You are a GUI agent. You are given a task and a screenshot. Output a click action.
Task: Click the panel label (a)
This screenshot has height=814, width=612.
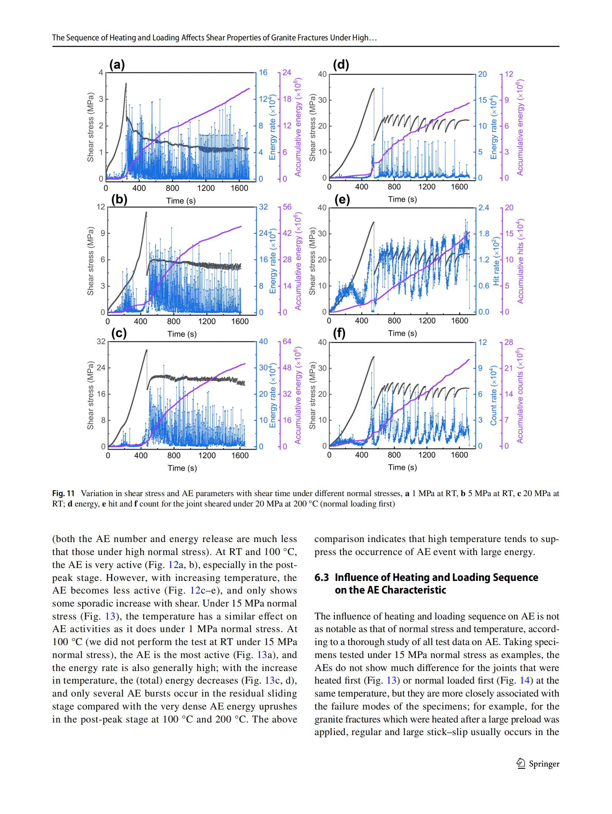point(117,65)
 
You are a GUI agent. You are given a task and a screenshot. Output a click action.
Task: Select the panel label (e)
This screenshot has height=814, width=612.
point(342,200)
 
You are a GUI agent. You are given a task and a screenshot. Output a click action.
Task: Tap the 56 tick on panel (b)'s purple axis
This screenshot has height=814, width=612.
point(287,207)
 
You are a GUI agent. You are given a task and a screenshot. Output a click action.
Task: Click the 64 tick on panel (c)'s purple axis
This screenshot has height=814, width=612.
point(287,342)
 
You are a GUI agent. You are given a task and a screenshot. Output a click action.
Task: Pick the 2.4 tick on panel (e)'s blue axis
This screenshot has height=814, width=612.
point(484,207)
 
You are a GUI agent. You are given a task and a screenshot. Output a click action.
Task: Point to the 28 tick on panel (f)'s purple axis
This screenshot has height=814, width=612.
point(509,342)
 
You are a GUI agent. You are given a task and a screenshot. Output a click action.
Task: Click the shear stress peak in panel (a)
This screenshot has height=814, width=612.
point(126,84)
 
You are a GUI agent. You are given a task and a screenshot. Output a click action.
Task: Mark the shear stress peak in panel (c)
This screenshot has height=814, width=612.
point(147,350)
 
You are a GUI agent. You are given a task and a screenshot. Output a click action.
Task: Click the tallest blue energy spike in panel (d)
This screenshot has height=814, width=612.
point(383,88)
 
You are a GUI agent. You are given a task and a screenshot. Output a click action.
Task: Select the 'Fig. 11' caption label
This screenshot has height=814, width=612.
point(63,494)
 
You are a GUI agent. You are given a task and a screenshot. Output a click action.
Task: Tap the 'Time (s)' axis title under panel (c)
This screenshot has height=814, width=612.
point(182,468)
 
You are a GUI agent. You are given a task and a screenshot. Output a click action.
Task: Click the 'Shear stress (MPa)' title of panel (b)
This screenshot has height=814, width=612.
point(90,259)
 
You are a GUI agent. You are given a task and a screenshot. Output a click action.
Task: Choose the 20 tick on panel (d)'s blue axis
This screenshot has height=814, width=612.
point(482,74)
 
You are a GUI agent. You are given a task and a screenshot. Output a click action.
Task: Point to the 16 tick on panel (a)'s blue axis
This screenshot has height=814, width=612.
point(262,73)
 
